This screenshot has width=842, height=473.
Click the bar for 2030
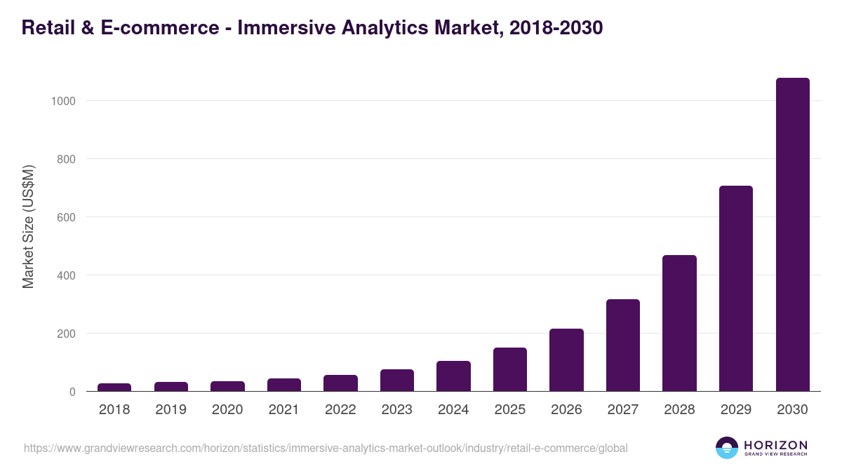(x=792, y=235)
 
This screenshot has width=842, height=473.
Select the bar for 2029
(x=735, y=289)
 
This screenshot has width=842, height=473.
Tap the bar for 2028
(x=679, y=323)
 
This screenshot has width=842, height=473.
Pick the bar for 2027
(x=623, y=345)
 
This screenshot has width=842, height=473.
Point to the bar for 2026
(x=566, y=360)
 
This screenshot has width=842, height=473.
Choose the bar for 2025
(x=510, y=369)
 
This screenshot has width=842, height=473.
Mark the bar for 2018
(x=114, y=387)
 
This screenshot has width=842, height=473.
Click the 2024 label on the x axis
(x=453, y=410)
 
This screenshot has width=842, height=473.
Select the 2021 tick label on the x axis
(x=283, y=410)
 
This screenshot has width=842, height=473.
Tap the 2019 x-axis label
(x=171, y=410)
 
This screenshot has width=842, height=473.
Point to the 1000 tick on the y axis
(x=63, y=101)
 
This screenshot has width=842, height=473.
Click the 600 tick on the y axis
(x=67, y=217)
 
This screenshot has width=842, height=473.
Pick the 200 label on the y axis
(x=67, y=334)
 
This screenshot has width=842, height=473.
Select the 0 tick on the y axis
(x=72, y=392)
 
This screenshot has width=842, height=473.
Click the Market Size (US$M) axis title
(x=28, y=226)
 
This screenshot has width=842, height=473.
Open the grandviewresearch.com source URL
(x=326, y=448)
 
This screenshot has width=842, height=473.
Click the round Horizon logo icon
(x=727, y=448)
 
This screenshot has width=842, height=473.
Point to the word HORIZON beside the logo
(x=775, y=445)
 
